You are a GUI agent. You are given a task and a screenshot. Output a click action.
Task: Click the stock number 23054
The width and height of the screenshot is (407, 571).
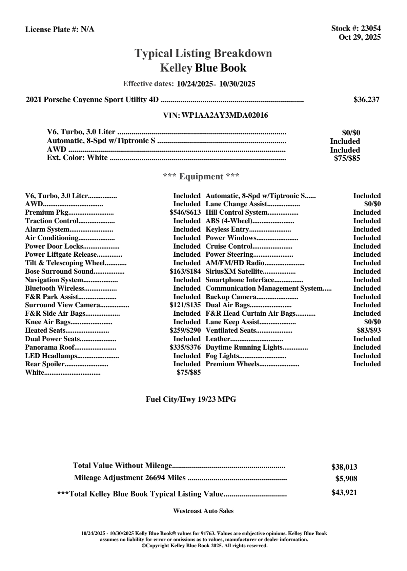pos(371,28)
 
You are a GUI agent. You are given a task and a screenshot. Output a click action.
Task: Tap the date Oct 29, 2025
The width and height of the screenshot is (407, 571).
pos(360,37)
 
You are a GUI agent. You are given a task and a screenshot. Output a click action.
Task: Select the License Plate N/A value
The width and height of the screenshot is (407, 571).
pos(87,29)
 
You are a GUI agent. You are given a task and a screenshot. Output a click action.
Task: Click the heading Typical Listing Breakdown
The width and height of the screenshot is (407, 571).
pos(203,53)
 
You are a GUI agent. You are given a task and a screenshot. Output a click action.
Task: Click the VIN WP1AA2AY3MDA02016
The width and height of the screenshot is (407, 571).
pos(225,116)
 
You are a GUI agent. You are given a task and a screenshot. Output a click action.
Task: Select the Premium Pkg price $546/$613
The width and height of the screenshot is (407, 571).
pos(185,213)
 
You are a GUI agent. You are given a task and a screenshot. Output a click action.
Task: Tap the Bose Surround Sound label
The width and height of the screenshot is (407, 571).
pos(59,272)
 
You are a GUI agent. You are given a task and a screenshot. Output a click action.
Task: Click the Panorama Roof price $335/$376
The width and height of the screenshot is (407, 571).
pos(185,348)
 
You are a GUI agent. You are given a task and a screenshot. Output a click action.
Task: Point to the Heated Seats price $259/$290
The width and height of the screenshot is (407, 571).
pos(185,331)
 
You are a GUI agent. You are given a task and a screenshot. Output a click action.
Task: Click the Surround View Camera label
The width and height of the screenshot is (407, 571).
pos(62,305)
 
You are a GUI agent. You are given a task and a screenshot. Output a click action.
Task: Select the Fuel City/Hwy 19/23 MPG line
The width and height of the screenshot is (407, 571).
pos(191,399)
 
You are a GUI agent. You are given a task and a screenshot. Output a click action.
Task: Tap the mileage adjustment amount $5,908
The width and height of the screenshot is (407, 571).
pos(346,479)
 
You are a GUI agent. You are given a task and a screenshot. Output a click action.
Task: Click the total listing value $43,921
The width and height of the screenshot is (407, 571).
pos(344,493)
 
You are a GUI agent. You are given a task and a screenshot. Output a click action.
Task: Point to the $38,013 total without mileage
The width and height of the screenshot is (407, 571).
pos(344,467)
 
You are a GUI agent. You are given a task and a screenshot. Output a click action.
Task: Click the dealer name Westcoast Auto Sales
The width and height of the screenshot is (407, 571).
pos(203,511)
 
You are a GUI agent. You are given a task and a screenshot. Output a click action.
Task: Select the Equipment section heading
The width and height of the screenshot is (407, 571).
pos(201,177)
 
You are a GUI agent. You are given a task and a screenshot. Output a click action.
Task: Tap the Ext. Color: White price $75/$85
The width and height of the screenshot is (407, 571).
pos(347,158)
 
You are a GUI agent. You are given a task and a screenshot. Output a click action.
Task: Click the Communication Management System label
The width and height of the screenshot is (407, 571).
pos(264,289)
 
